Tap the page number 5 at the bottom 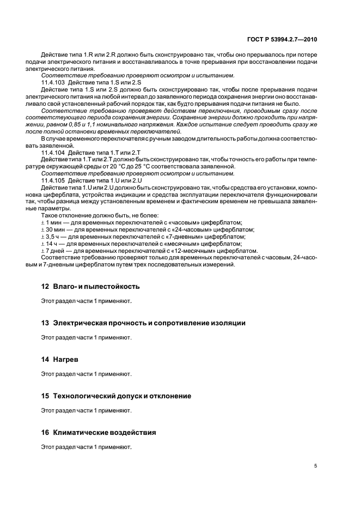click(315, 465)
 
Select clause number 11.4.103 click(53, 82)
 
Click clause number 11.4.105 click(53, 180)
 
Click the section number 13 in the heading click(45, 323)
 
